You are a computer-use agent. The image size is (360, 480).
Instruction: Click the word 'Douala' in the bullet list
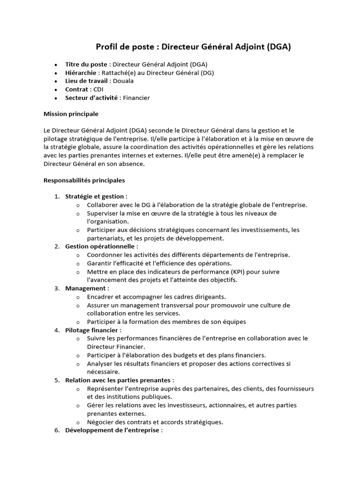[123, 81]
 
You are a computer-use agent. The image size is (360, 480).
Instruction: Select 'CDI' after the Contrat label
[98, 89]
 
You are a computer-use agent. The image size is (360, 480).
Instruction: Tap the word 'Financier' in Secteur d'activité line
[136, 97]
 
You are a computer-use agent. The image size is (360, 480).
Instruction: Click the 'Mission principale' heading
[71, 114]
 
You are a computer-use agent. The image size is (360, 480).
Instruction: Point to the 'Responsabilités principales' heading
[84, 180]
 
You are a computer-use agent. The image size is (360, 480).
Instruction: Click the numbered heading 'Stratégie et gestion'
[96, 196]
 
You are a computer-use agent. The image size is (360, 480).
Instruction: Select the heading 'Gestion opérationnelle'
[101, 246]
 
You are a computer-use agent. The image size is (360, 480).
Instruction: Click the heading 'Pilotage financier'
[93, 330]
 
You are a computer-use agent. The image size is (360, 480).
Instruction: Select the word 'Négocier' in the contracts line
[100, 421]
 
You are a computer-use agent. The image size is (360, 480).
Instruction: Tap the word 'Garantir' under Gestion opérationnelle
[99, 263]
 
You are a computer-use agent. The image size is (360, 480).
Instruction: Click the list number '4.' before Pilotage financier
[57, 330]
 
